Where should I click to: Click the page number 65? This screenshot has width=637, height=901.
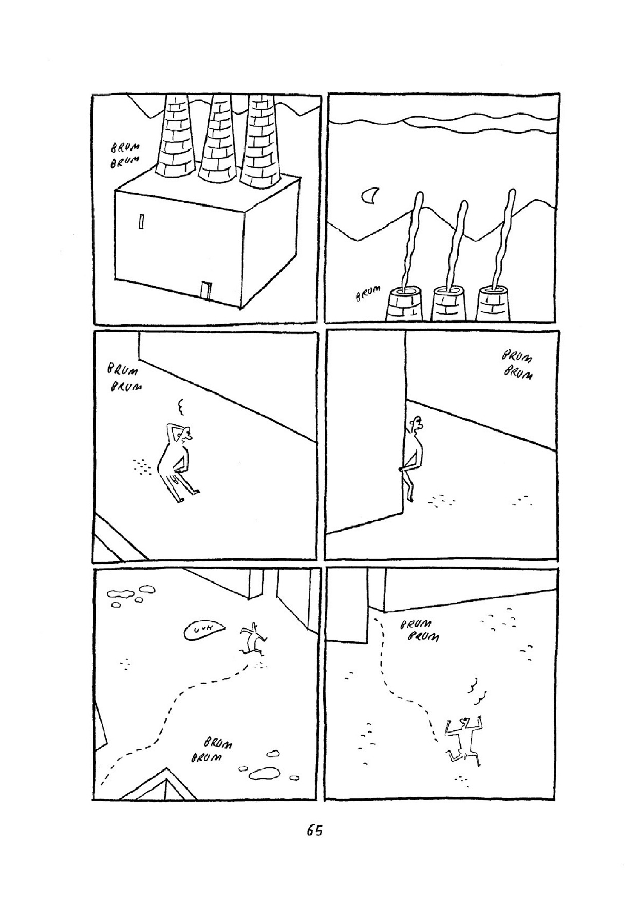click(x=314, y=831)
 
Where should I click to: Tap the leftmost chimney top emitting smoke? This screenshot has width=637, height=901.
click(x=404, y=304)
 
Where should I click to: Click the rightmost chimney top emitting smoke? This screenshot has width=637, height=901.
click(x=494, y=304)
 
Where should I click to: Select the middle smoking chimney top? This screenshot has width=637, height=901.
click(x=449, y=304)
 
